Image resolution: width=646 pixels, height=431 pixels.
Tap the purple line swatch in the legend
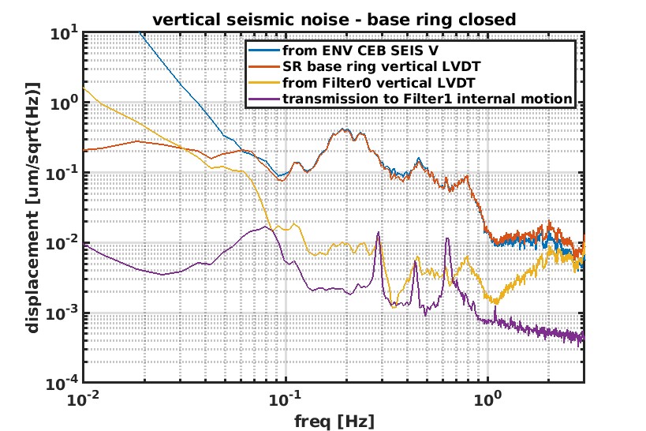(263, 99)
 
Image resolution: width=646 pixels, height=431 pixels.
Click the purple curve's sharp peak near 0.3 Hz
(379, 233)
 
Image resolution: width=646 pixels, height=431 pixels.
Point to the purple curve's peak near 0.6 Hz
(447, 238)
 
